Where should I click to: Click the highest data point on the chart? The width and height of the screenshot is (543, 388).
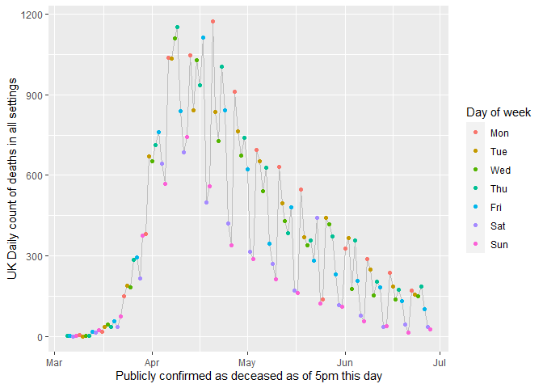pos(213,22)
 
